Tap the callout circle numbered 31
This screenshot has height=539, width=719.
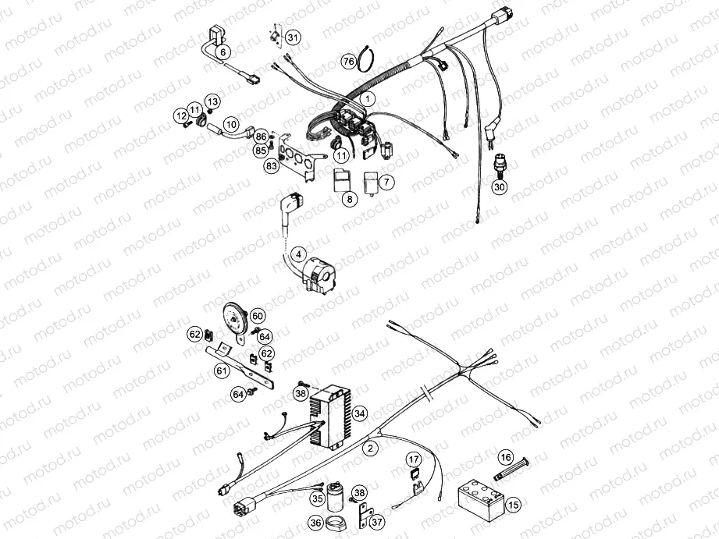click(292, 37)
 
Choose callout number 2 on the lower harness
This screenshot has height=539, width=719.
click(370, 448)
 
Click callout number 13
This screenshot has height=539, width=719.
click(212, 101)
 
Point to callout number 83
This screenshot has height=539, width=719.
click(272, 166)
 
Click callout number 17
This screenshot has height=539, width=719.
click(413, 459)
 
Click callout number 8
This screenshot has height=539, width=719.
click(350, 199)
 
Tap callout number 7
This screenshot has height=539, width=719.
click(387, 181)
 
